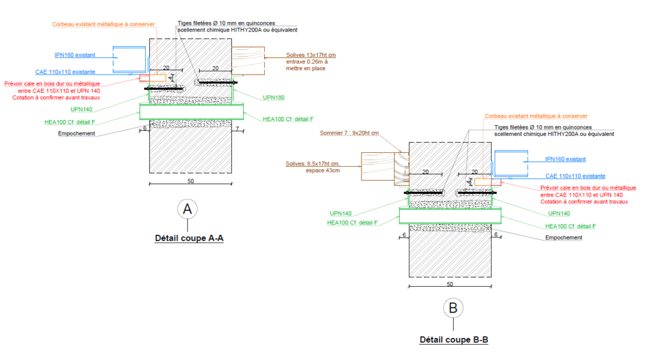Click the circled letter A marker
click(187, 210)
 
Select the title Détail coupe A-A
click(190, 239)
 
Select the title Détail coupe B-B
click(454, 340)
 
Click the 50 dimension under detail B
click(450, 284)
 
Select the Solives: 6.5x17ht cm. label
click(313, 164)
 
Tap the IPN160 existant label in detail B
click(565, 159)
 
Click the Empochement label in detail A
click(76, 133)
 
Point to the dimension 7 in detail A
click(236, 129)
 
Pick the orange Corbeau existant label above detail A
click(103, 25)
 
